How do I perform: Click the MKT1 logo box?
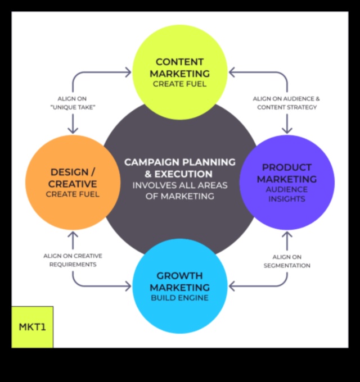[x=32, y=327]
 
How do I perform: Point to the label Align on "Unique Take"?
[x=73, y=103]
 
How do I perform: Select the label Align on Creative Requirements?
[x=73, y=260]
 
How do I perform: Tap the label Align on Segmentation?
[x=287, y=261]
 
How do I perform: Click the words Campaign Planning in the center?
[x=179, y=162]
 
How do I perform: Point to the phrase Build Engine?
[x=179, y=298]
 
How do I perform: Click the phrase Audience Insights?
[x=287, y=194]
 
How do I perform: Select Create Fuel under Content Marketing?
[x=179, y=84]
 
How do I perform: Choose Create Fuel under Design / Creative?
[x=73, y=194]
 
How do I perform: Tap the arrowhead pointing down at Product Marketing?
[x=287, y=130]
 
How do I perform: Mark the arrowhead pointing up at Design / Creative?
[x=73, y=235]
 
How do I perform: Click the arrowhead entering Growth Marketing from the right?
[x=232, y=286]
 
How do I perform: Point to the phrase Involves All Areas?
[x=179, y=185]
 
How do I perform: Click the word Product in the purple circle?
[x=287, y=167]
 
